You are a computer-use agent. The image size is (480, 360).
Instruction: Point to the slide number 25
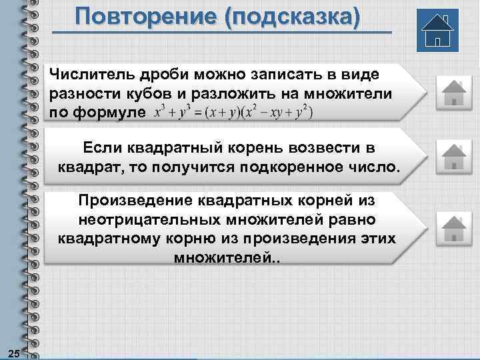pyautogui.click(x=12, y=352)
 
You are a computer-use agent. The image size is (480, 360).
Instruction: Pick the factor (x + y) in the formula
pyautogui.click(x=222, y=112)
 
